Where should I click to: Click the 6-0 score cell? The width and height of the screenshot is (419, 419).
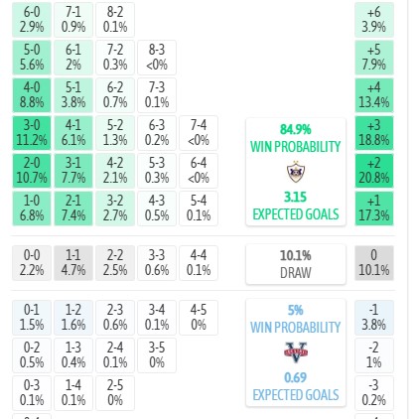(x=32, y=20)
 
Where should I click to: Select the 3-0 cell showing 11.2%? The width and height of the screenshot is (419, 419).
(x=32, y=133)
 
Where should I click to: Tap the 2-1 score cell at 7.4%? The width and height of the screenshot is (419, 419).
(x=73, y=209)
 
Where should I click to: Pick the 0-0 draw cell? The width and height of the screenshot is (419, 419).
(x=32, y=263)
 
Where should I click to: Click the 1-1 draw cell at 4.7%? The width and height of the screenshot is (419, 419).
(x=73, y=263)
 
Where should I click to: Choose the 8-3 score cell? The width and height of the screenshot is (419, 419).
(x=157, y=58)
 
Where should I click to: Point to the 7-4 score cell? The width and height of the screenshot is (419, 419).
(x=199, y=133)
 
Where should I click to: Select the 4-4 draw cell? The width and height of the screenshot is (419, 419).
(x=199, y=263)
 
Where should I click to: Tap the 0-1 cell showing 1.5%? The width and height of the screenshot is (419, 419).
(x=32, y=318)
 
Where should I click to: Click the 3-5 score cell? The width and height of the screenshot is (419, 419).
(x=157, y=355)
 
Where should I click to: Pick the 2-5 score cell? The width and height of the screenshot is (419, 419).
(x=115, y=393)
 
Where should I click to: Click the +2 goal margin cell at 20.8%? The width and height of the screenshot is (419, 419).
(x=374, y=171)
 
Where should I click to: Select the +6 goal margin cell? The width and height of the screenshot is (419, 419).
(x=374, y=20)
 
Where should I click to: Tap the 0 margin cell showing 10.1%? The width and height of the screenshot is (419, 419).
(x=374, y=263)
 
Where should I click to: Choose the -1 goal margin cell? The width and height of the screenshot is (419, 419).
(x=374, y=318)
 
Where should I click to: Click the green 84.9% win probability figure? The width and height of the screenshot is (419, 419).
(x=296, y=129)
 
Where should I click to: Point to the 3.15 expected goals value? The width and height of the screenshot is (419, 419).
(x=296, y=198)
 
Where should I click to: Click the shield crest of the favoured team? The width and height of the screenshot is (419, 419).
(x=296, y=172)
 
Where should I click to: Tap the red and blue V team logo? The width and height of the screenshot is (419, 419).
(x=296, y=352)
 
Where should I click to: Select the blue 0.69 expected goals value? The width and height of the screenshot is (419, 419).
(x=296, y=377)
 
